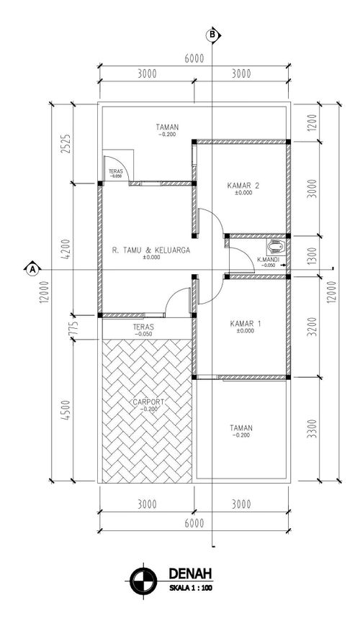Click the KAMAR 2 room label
coord(243,186)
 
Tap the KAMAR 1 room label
coord(245,324)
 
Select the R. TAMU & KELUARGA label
coord(151,250)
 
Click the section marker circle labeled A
coord(32,268)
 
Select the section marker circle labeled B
coord(212,35)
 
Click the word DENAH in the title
coord(190,574)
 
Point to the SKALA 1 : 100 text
coord(190,588)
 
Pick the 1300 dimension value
coord(312,256)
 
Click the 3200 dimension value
coord(312,327)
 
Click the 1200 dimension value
coord(312,122)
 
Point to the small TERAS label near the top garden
coord(115,173)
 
